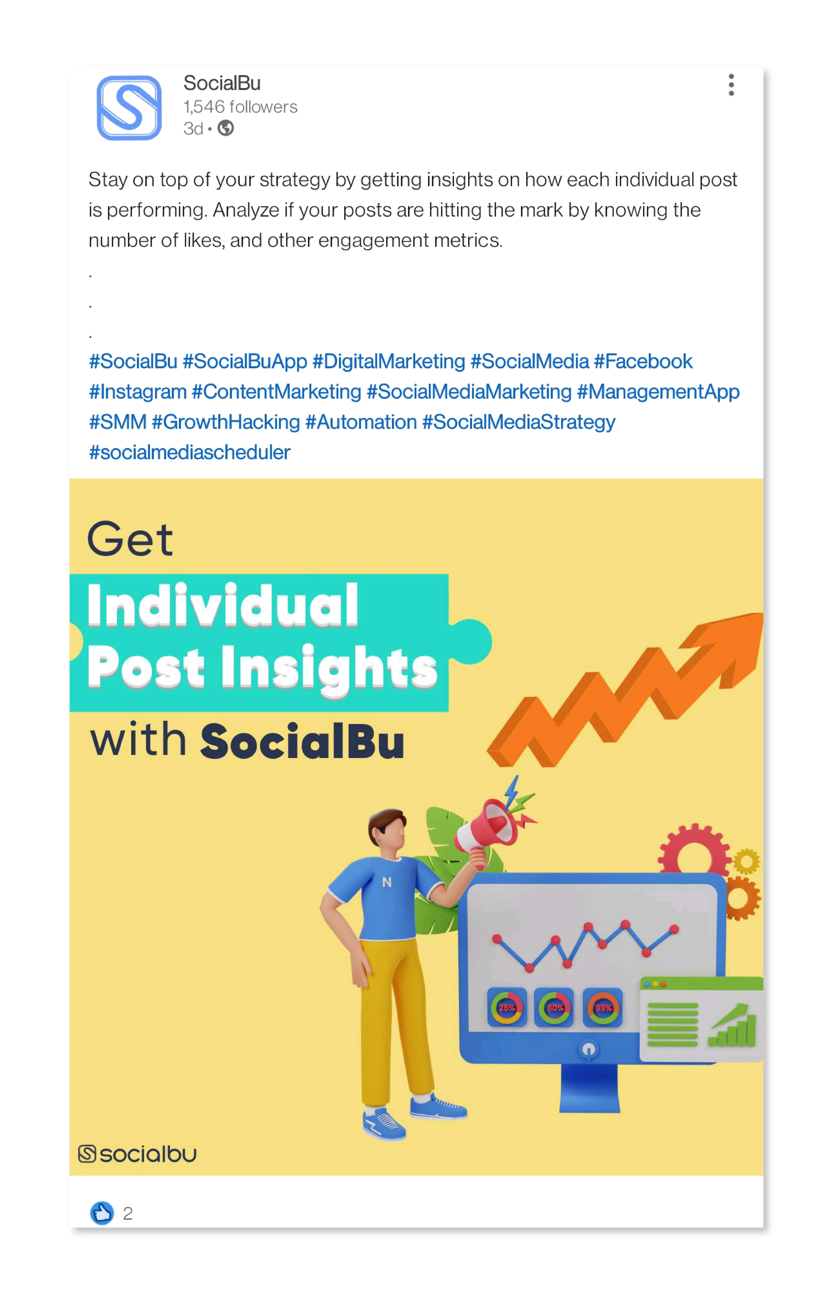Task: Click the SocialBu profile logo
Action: point(129,108)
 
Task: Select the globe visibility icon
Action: point(226,128)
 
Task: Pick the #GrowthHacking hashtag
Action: point(226,422)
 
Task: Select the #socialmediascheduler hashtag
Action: point(189,452)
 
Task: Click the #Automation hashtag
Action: point(361,422)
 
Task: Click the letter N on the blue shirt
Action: point(387,882)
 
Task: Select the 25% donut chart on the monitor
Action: point(507,1007)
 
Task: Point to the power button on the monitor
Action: point(589,1049)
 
